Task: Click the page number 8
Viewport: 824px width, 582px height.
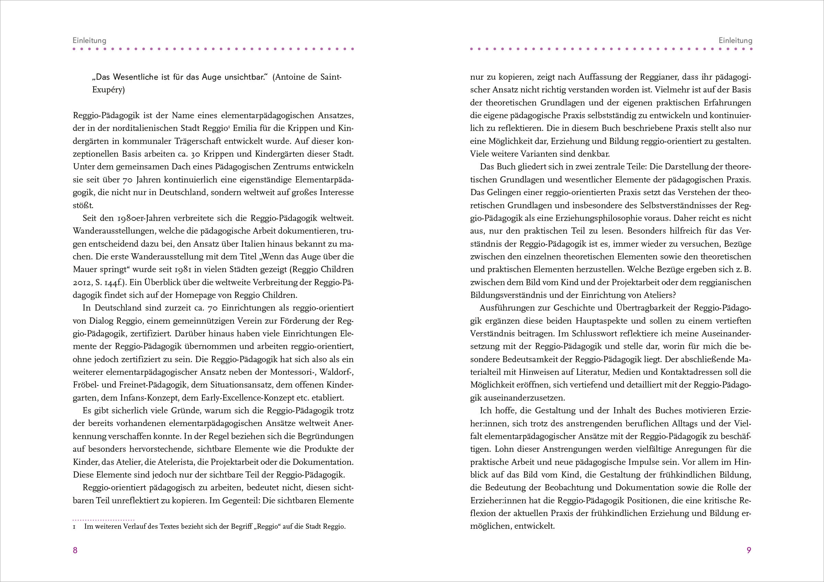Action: (75, 550)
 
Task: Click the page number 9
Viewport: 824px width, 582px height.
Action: (748, 550)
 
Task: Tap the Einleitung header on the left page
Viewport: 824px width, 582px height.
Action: (89, 40)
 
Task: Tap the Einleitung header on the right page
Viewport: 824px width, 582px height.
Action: (735, 40)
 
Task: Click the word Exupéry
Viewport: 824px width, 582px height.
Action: (108, 90)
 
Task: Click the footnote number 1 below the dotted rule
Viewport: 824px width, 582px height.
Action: (74, 527)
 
